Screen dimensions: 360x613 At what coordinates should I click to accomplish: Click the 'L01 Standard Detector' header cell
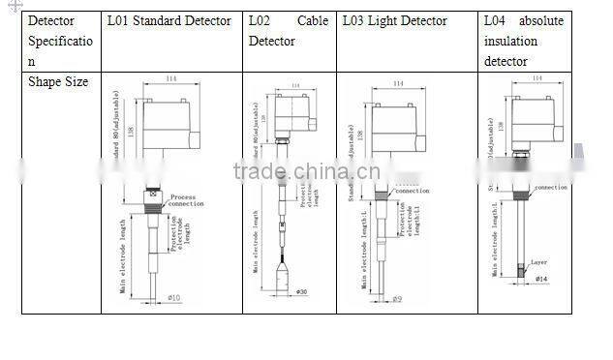(x=169, y=20)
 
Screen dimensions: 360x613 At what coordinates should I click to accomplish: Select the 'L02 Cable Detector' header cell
(x=289, y=30)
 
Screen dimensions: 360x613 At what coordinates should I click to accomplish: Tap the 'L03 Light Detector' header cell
(x=394, y=20)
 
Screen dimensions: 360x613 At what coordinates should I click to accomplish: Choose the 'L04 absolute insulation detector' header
(x=523, y=41)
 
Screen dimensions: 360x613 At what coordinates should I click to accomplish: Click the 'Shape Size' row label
(x=58, y=82)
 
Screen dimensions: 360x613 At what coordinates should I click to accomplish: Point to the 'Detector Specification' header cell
(x=60, y=41)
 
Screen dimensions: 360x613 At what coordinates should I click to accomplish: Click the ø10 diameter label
(x=174, y=297)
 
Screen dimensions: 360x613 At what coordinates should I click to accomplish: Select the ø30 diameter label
(x=301, y=291)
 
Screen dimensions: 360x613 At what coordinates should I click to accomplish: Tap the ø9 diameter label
(x=397, y=300)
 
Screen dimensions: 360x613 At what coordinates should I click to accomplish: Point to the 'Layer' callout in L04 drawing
(x=539, y=262)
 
